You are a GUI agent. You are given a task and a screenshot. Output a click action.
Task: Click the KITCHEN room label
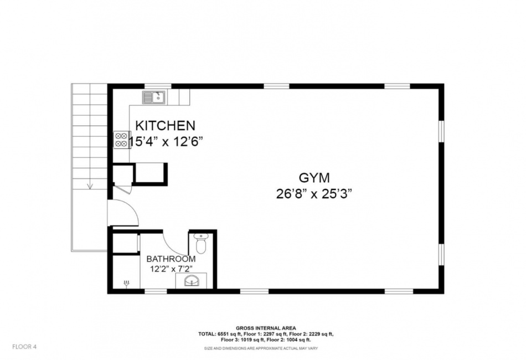(165, 126)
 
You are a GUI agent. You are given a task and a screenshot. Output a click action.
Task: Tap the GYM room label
(314, 178)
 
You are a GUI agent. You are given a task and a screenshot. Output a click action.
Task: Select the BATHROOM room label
(171, 259)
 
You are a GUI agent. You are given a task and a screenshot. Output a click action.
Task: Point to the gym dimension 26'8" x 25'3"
(314, 194)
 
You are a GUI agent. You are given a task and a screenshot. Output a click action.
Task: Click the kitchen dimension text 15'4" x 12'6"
(167, 142)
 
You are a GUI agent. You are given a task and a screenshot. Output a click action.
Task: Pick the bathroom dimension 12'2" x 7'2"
(171, 269)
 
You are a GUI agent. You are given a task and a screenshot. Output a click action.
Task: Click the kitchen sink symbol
(153, 97)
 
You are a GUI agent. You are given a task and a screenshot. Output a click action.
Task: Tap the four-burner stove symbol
(121, 140)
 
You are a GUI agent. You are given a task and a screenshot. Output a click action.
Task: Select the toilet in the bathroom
(201, 244)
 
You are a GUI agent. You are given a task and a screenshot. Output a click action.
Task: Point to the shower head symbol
(127, 284)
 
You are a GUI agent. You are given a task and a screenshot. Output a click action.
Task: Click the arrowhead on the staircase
(90, 186)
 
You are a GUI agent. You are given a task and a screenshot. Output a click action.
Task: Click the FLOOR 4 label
(24, 347)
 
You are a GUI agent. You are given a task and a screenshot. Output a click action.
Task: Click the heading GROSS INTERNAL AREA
(266, 328)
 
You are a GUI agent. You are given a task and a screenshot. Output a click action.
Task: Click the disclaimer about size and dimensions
(261, 348)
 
